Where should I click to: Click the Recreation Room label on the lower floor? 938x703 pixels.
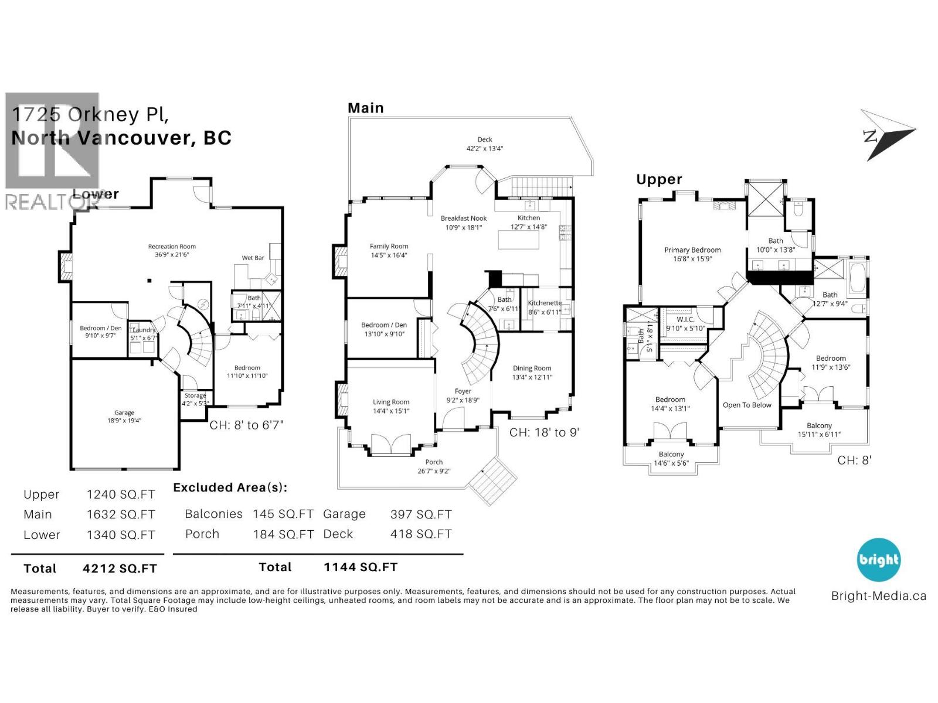(172, 247)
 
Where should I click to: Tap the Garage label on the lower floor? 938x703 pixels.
(124, 412)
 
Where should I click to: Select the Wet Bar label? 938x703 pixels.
(253, 258)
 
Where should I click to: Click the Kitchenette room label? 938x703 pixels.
(545, 303)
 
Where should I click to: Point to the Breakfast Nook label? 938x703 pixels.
(464, 219)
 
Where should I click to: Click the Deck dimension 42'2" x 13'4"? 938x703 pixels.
(485, 149)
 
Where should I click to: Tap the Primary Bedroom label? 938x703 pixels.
(692, 250)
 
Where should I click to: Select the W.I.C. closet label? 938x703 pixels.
(685, 319)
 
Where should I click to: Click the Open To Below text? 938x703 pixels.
(747, 405)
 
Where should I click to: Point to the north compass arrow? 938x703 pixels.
(888, 135)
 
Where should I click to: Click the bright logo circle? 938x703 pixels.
(878, 559)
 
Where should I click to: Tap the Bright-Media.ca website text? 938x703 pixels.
(878, 596)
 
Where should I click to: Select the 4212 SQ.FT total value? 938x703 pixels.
(120, 568)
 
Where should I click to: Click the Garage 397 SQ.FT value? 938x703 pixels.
(421, 514)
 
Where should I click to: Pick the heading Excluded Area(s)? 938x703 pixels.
(230, 487)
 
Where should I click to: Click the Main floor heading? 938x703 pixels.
(366, 108)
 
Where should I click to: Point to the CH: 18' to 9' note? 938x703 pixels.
(544, 433)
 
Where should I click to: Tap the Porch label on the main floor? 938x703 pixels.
(434, 462)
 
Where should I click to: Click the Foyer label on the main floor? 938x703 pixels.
(463, 391)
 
